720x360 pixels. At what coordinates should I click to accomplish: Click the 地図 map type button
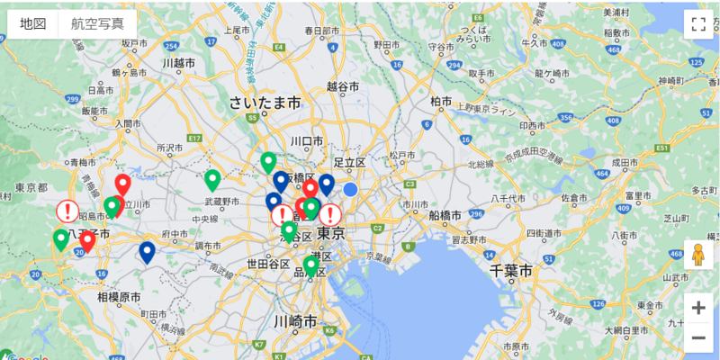[33, 24]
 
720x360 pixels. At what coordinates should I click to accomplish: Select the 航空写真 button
[97, 24]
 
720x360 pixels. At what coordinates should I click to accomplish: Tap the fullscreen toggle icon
[698, 24]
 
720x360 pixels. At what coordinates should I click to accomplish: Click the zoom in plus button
[698, 307]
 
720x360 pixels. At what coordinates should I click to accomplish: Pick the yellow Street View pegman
[698, 256]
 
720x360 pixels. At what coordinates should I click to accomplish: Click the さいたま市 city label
[265, 103]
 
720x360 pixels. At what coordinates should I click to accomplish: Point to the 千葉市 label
[511, 270]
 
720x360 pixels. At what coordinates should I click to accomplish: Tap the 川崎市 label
[294, 321]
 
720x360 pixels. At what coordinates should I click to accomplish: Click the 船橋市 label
[445, 216]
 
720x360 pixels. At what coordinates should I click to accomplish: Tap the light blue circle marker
[350, 190]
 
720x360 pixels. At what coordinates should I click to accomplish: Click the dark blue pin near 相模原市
[147, 252]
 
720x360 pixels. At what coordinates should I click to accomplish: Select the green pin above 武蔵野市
[212, 178]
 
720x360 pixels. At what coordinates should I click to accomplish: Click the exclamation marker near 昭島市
[67, 211]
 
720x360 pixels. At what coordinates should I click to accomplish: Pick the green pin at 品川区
[310, 265]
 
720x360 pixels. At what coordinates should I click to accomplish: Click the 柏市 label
[442, 101]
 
